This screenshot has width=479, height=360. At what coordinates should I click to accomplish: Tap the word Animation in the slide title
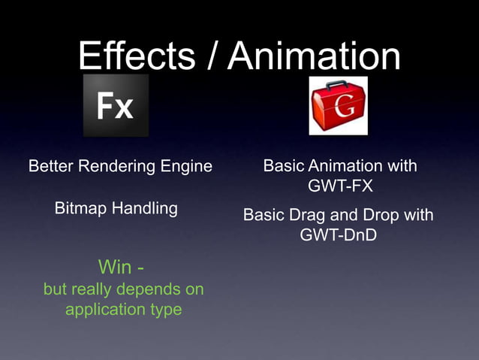(315, 56)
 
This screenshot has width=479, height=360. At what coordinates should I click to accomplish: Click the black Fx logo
(116, 105)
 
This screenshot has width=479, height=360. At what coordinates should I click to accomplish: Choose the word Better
(52, 166)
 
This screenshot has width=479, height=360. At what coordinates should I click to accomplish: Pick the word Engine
(188, 166)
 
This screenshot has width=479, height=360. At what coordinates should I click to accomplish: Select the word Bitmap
(81, 208)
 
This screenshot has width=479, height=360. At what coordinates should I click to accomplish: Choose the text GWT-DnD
(338, 235)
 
